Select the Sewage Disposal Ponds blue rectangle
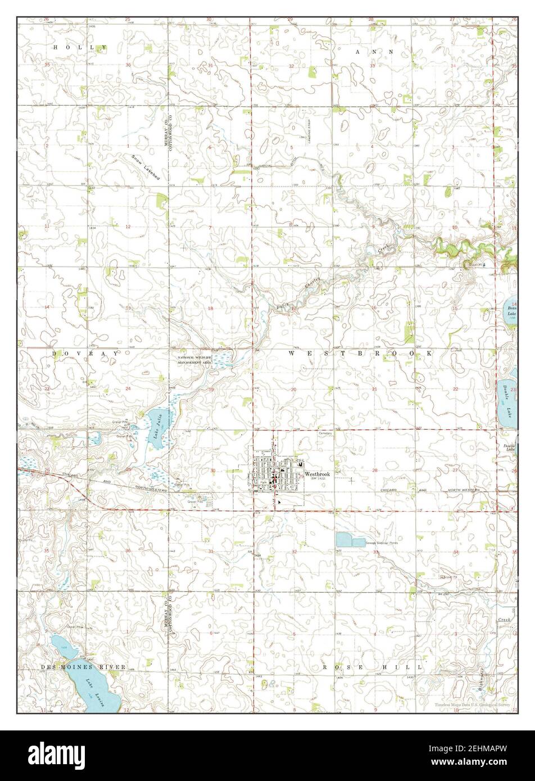click(349, 541)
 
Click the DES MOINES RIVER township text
click(83, 667)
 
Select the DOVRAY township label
click(86, 353)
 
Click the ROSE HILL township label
click(373, 667)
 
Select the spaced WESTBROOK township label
click(361, 353)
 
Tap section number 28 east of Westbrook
click(374, 470)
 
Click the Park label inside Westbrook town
click(262, 482)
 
